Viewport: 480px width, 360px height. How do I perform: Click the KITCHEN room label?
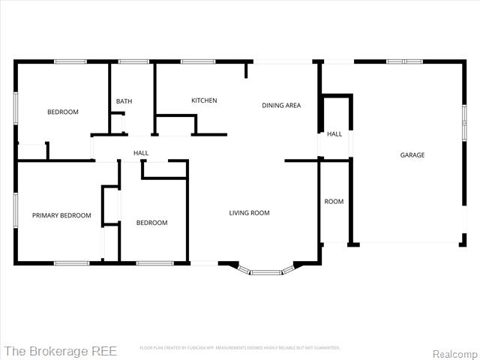tap(204, 100)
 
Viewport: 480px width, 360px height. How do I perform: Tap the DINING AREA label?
tap(281, 106)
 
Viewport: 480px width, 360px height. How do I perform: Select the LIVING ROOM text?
tap(249, 213)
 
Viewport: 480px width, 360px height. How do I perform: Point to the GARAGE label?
tap(412, 155)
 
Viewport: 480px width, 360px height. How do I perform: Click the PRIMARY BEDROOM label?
tap(61, 215)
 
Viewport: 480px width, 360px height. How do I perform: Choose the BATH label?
tap(124, 101)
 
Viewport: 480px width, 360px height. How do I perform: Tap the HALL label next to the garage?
tap(334, 134)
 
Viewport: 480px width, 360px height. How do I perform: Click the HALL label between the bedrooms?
tap(140, 153)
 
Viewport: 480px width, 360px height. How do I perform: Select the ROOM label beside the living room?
tap(334, 202)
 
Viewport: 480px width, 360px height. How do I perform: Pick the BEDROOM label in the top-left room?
tap(63, 112)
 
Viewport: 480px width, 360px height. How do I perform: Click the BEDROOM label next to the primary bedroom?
tap(151, 223)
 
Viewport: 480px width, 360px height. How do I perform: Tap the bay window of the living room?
tap(265, 271)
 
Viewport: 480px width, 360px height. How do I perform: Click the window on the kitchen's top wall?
tap(198, 61)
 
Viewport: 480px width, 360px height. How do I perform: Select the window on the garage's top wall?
tap(405, 61)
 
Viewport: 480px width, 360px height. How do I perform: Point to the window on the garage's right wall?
tap(464, 121)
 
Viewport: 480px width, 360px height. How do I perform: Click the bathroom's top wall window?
tap(133, 61)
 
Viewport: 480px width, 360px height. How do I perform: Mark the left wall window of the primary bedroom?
tap(15, 210)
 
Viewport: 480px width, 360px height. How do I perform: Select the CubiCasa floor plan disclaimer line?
tap(240, 348)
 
